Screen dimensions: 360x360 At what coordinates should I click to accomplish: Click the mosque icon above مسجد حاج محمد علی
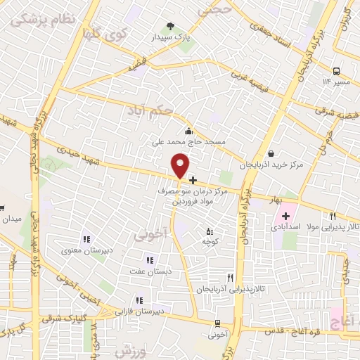coord(188,131)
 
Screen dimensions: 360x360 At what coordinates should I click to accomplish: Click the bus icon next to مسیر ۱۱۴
coord(337,71)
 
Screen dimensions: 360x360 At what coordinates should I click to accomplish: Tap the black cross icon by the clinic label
coord(193,181)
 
